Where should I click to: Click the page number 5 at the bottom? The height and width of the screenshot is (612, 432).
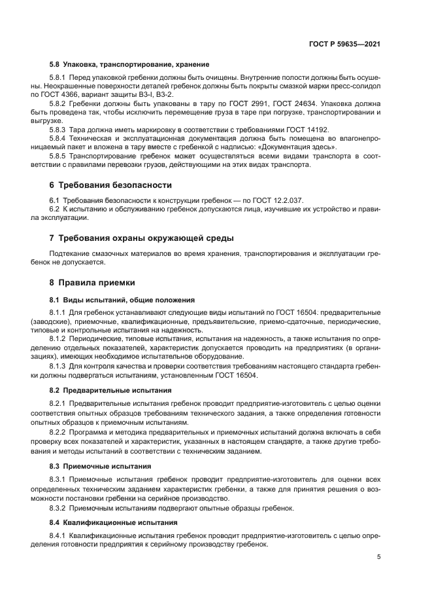pos(379,557)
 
